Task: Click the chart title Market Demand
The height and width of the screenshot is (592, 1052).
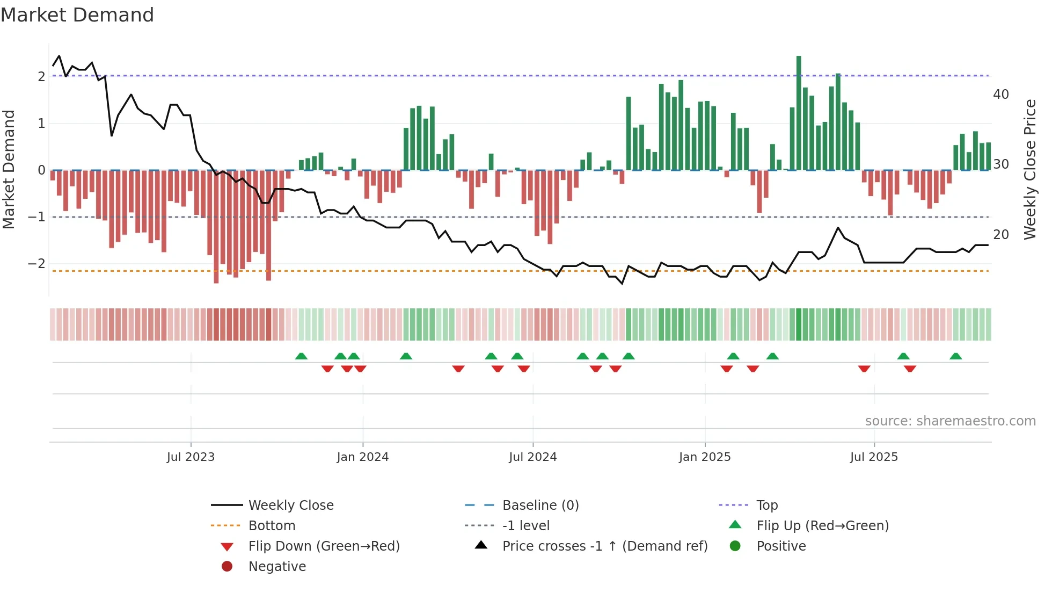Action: pos(77,15)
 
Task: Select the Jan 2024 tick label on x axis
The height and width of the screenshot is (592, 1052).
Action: pos(362,457)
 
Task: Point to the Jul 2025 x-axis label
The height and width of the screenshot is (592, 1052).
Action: pos(874,457)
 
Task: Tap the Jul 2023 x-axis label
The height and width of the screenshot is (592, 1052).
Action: pos(191,457)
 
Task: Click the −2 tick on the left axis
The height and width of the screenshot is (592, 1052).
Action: pos(36,264)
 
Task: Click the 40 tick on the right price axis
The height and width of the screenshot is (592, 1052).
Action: pos(1001,95)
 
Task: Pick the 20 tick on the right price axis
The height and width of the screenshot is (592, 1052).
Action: pos(1001,235)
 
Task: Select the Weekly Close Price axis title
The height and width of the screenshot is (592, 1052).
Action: pos(1030,169)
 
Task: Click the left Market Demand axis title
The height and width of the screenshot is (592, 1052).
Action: pos(9,169)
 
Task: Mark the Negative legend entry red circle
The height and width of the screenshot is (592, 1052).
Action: pos(227,567)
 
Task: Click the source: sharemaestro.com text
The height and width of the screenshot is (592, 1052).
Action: pos(950,421)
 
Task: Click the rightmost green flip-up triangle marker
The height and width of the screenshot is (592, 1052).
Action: pos(955,356)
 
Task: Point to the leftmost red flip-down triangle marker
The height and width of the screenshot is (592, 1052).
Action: pos(327,369)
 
